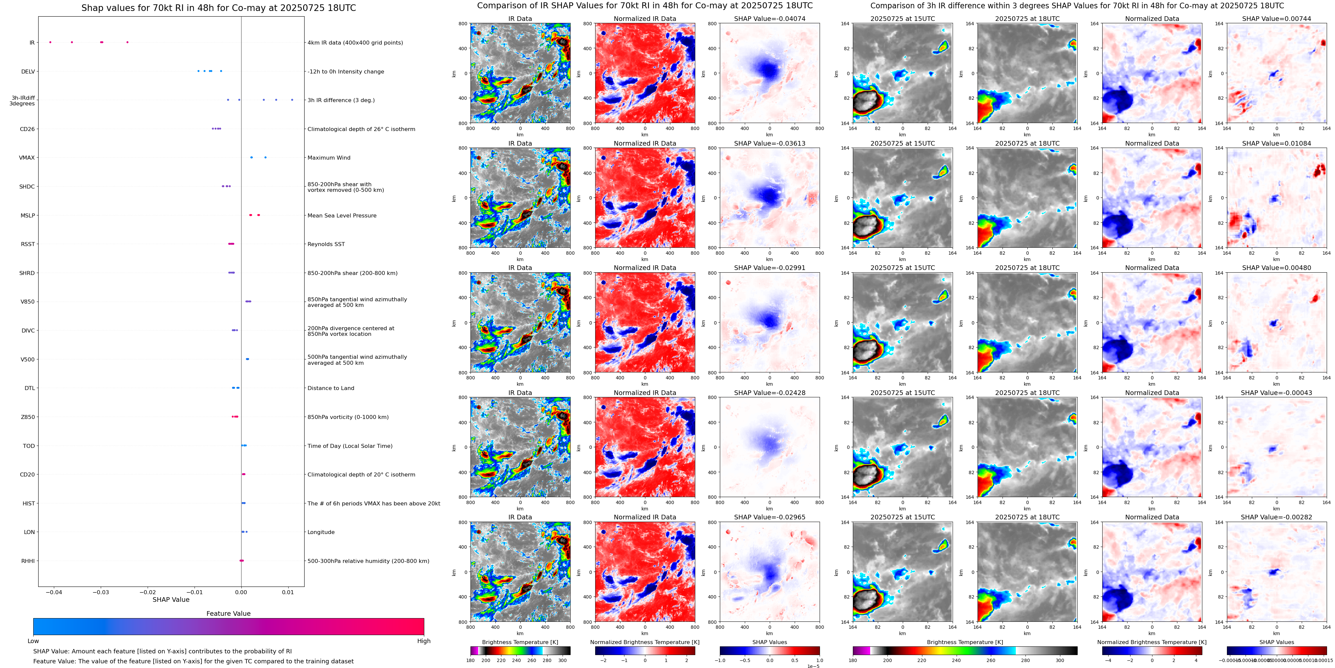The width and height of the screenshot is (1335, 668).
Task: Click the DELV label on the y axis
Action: click(x=28, y=71)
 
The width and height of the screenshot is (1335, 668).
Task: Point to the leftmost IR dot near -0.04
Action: click(x=50, y=42)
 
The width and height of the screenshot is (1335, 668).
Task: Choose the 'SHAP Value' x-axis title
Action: click(x=171, y=600)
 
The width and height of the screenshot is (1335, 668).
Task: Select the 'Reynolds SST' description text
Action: click(x=326, y=244)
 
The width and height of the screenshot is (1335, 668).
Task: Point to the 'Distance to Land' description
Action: click(x=331, y=388)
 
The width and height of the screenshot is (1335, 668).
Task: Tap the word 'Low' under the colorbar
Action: click(x=33, y=641)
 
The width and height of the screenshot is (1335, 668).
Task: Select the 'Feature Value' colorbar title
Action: click(x=228, y=613)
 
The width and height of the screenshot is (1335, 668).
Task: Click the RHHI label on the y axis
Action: click(x=28, y=561)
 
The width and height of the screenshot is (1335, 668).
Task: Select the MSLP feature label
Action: click(x=28, y=215)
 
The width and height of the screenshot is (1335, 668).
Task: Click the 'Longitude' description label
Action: click(x=321, y=532)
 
